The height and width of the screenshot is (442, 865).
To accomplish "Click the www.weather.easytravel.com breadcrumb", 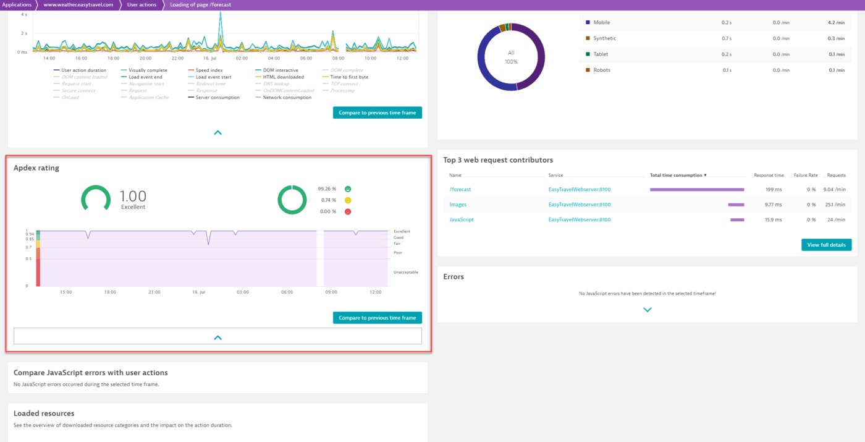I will click(78, 4).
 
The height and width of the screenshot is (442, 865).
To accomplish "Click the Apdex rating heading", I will click(36, 168).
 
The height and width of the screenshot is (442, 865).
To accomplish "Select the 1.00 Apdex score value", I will click(133, 197).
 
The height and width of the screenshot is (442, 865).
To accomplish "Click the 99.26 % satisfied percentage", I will click(327, 189).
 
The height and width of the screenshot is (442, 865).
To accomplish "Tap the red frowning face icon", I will click(348, 211).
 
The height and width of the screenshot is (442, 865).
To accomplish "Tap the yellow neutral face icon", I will click(348, 200).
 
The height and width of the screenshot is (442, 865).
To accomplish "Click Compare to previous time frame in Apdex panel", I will click(377, 318).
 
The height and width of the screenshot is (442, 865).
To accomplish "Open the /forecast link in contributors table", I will click(460, 189).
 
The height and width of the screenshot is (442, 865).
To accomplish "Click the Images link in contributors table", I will click(458, 205).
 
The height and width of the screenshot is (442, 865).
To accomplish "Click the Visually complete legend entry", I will click(148, 70).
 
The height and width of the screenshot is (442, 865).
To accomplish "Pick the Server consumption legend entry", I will click(217, 98).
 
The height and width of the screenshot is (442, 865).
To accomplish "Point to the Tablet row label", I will click(601, 54).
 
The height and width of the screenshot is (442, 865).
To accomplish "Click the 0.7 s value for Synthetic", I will click(726, 38).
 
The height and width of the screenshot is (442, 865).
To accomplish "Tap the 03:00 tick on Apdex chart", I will click(242, 292).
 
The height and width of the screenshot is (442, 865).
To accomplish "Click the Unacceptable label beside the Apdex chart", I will click(406, 272).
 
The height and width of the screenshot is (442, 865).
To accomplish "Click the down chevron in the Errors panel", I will click(648, 310).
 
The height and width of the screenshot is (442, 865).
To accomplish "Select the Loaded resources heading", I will click(44, 414).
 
